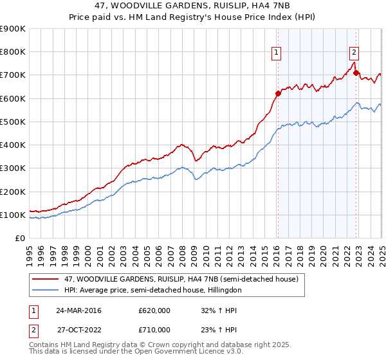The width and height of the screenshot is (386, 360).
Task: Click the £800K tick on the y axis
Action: point(12,52)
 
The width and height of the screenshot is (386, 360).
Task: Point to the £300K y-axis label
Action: point(12,168)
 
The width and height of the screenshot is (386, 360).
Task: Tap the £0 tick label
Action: point(19,239)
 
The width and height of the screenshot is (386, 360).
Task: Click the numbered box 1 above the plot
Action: point(276,53)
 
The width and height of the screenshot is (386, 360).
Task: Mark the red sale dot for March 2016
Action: point(278,94)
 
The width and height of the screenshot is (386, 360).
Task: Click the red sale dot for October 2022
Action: point(356,73)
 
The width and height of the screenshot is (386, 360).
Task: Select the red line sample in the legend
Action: point(45,280)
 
